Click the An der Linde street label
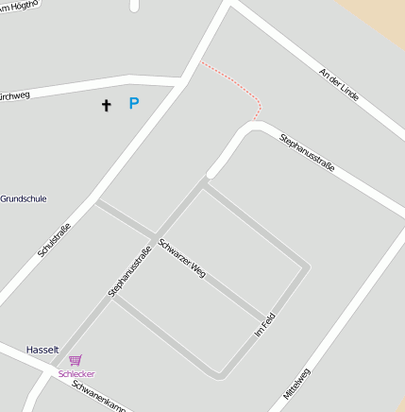(340, 89)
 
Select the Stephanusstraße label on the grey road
(130, 271)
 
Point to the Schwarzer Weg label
(182, 257)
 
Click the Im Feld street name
(265, 324)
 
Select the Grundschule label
(24, 199)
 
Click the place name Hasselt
(42, 349)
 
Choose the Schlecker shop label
(76, 374)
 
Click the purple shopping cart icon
(76, 360)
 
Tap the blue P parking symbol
(134, 104)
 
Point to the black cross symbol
(106, 105)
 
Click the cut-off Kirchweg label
(16, 94)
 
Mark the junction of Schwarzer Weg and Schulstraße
(94, 200)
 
